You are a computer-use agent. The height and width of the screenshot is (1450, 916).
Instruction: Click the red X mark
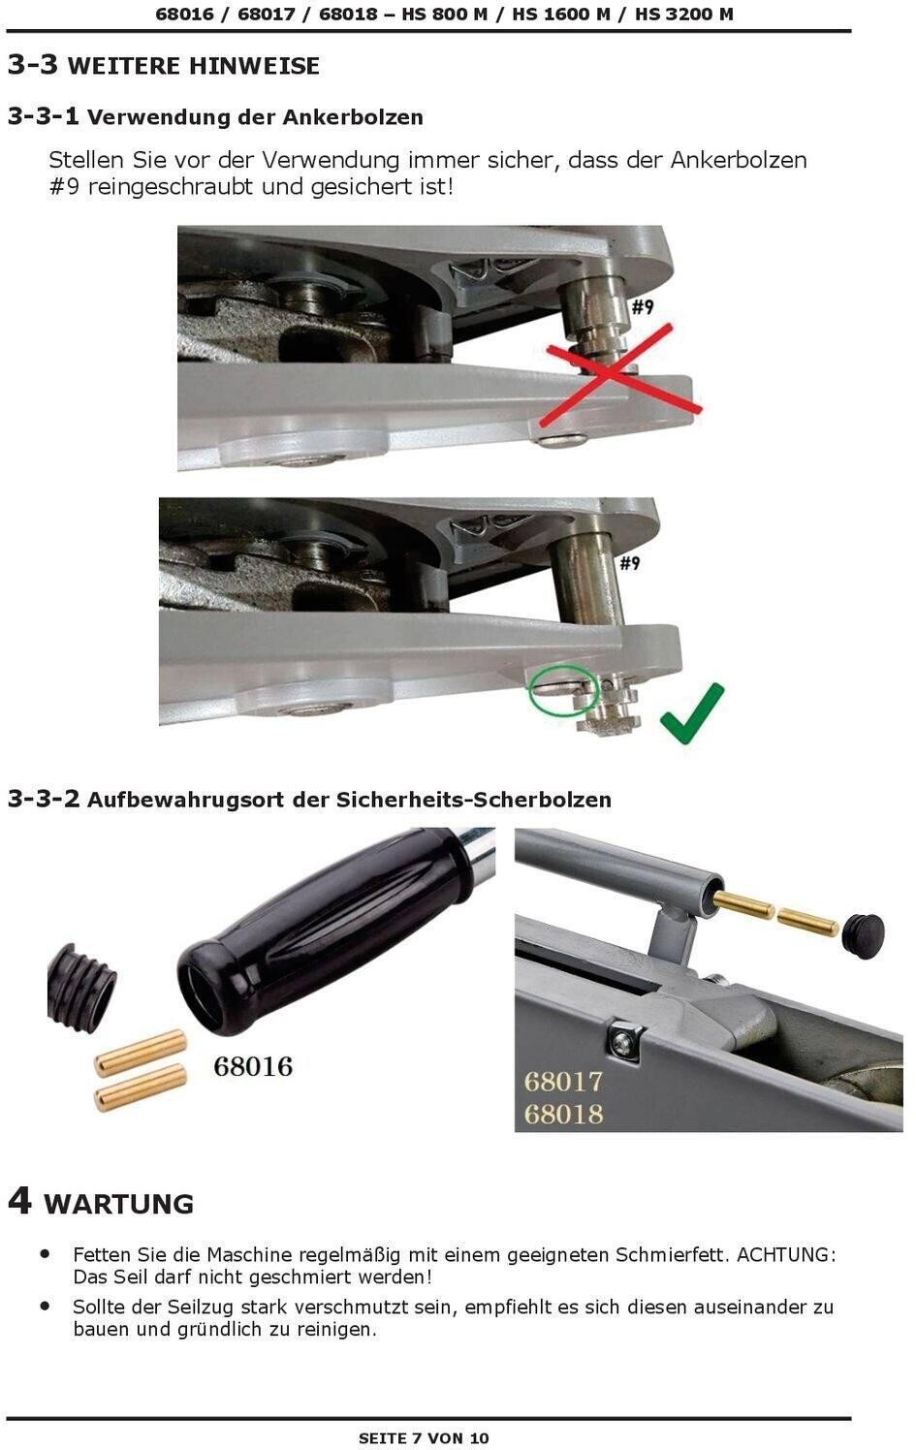tap(620, 375)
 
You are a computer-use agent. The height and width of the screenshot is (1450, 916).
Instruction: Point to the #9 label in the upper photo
tap(643, 307)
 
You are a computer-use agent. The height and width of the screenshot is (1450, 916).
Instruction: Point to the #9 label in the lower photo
tap(630, 562)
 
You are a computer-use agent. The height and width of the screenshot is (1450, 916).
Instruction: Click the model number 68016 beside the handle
tap(253, 1066)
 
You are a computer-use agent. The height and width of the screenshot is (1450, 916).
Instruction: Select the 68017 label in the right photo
tap(563, 1082)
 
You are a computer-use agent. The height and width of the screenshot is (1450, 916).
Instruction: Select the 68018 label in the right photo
tap(563, 1114)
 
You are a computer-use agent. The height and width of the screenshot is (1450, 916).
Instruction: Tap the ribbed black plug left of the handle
tap(81, 988)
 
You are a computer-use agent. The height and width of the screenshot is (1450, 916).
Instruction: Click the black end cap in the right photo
tap(865, 935)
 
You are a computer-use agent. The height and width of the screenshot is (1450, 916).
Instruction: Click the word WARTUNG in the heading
tap(118, 1205)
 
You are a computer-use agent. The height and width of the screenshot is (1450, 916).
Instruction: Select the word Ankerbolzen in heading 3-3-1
tap(353, 117)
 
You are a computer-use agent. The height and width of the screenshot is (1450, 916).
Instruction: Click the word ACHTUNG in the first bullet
tap(786, 1254)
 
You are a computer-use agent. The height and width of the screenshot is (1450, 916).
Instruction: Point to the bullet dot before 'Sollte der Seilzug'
tap(45, 1306)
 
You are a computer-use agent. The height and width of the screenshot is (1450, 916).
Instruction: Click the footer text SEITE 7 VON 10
tap(424, 1438)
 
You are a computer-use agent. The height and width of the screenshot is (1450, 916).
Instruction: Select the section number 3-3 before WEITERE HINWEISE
tap(32, 64)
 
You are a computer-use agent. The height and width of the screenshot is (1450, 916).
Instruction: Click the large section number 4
tap(19, 1202)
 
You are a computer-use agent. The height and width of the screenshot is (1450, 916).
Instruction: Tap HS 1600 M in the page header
tap(561, 14)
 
